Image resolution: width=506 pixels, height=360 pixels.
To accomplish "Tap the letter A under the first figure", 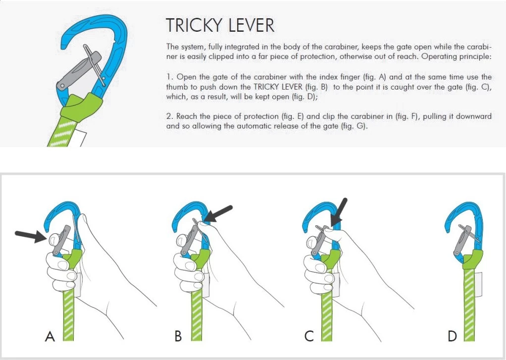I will [x=50, y=337].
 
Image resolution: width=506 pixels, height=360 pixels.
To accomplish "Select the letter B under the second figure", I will [x=178, y=337].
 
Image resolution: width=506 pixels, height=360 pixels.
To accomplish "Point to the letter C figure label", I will [x=309, y=337].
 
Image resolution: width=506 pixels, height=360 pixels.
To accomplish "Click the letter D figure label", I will [x=452, y=337].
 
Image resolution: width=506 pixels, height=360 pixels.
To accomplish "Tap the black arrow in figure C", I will [x=340, y=211].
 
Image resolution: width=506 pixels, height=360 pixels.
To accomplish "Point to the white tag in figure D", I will [x=479, y=285].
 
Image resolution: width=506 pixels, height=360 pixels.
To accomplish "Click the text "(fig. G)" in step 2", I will [x=355, y=126].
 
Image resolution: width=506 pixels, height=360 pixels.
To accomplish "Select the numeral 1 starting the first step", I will [x=168, y=77].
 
